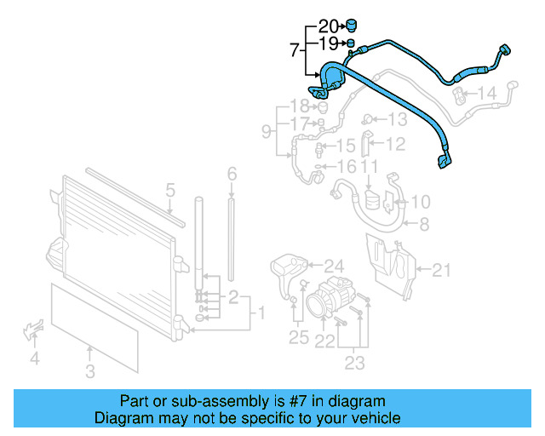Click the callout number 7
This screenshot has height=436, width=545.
point(295,51)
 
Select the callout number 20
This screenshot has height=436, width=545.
point(329,26)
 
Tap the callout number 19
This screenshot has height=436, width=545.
point(329,43)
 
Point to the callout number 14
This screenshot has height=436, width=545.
point(486,93)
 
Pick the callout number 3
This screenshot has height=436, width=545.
point(90,370)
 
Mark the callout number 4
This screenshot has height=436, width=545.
point(35,359)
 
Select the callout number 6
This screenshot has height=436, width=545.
point(231,175)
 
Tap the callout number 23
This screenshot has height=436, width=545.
point(354,364)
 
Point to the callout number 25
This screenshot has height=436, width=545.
point(297,338)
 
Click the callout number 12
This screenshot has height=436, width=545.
point(396,144)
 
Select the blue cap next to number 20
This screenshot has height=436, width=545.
point(350,25)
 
